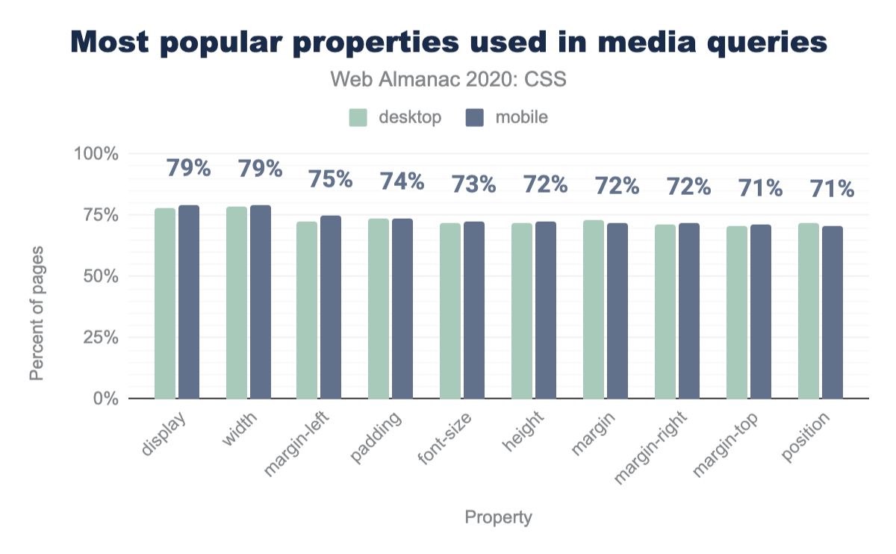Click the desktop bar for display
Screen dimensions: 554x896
165,303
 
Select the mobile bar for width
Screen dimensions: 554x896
261,302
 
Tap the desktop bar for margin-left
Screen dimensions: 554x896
307,310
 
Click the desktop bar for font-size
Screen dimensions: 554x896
450,311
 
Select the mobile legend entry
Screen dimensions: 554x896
507,117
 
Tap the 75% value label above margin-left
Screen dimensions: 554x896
331,180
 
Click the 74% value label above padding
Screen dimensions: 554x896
402,181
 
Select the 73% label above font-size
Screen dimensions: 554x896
474,184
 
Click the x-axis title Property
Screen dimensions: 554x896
499,517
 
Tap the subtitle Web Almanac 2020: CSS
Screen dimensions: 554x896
448,79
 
